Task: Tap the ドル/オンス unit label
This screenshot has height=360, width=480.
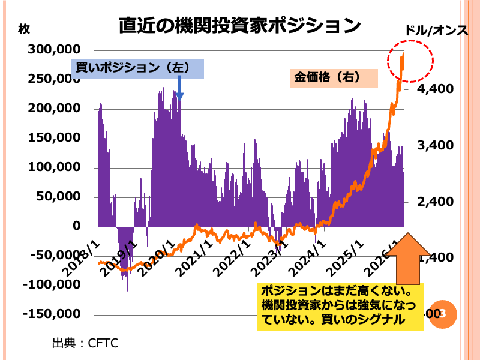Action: tap(436, 30)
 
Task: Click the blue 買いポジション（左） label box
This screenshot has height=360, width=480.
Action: tap(138, 68)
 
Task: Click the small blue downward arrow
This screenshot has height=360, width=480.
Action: tap(179, 90)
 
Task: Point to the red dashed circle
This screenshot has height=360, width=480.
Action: tap(409, 60)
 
